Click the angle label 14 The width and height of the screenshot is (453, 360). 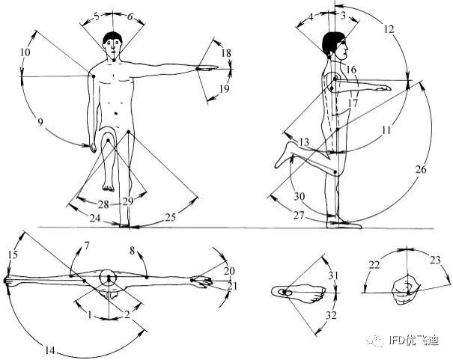pyautogui.click(x=50, y=350)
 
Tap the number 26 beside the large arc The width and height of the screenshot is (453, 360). pyautogui.click(x=421, y=169)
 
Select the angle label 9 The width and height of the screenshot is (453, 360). pyautogui.click(x=40, y=122)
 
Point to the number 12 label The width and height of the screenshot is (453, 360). pyautogui.click(x=389, y=29)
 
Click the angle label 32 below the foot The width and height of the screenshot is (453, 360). pyautogui.click(x=331, y=315)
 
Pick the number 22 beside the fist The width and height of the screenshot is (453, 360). pyautogui.click(x=374, y=265)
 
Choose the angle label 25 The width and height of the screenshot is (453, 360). pyautogui.click(x=171, y=217)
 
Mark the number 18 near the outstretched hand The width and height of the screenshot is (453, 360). pyautogui.click(x=226, y=53)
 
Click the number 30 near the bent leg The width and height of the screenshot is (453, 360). pyautogui.click(x=300, y=197)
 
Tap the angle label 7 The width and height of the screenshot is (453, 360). pyautogui.click(x=87, y=245)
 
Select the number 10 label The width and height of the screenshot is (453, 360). pyautogui.click(x=25, y=52)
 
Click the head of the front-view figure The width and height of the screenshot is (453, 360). pyautogui.click(x=112, y=46)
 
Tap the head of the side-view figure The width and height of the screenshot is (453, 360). pyautogui.click(x=335, y=46)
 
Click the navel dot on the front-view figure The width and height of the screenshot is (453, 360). pyautogui.click(x=116, y=114)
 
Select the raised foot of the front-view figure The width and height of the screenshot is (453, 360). pyautogui.click(x=109, y=186)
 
